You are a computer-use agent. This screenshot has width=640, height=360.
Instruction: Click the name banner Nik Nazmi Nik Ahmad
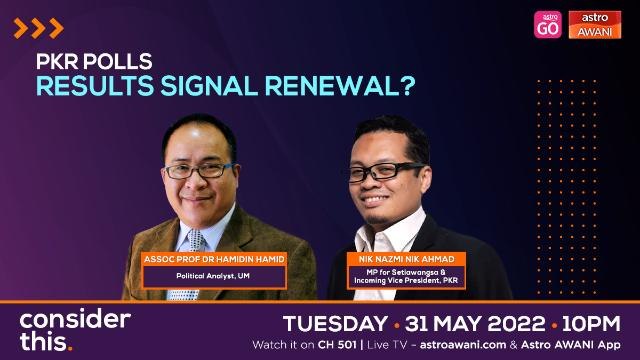pos(407,258)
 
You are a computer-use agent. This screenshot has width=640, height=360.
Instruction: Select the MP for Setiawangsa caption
pos(407,276)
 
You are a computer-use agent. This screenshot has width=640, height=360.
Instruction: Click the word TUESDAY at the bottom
pos(335,324)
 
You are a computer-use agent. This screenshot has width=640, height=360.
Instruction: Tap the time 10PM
pos(590,324)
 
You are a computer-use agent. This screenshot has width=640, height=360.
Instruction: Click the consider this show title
pos(75,330)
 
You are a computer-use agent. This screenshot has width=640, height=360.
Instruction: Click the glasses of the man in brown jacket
pos(200,169)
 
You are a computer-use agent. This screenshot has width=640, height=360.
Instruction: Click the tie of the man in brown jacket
pos(183,294)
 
